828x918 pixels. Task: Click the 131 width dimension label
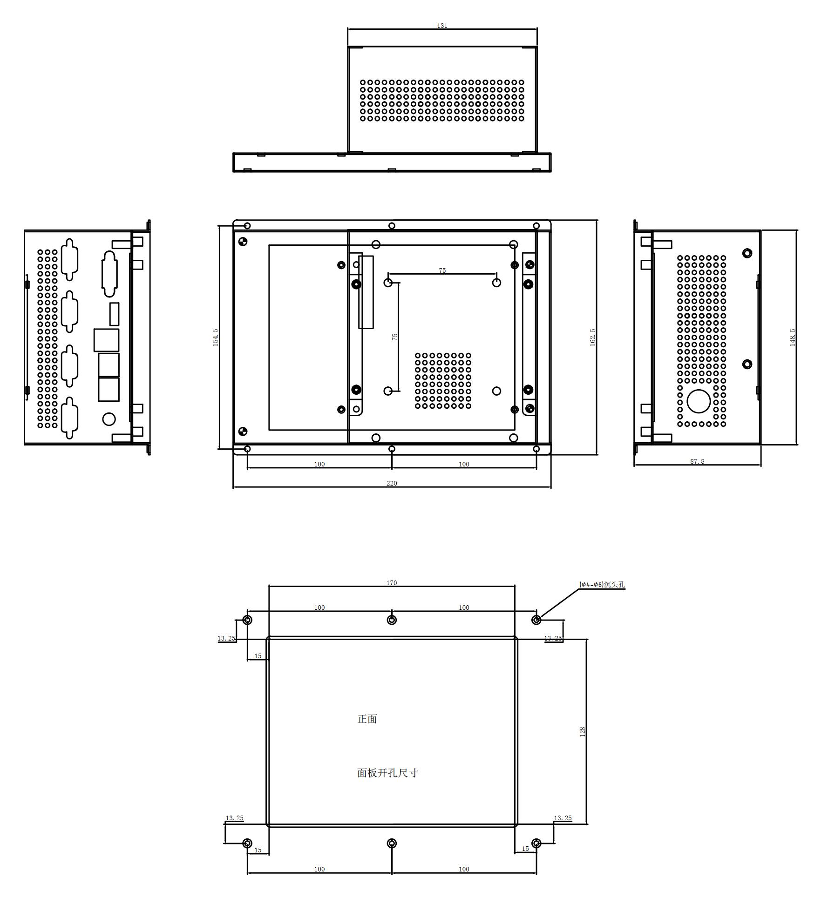coord(442,26)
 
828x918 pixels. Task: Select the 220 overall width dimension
coord(392,483)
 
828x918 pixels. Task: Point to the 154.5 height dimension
coord(215,337)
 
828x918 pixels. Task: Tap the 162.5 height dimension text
coord(592,337)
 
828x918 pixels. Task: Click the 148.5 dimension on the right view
coord(792,337)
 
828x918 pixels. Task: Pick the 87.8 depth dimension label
coord(697,461)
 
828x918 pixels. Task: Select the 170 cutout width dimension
coord(392,583)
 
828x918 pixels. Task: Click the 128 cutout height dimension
coord(582,731)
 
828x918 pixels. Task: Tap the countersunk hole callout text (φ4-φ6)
coord(602,584)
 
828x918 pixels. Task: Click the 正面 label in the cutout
coord(367,719)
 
